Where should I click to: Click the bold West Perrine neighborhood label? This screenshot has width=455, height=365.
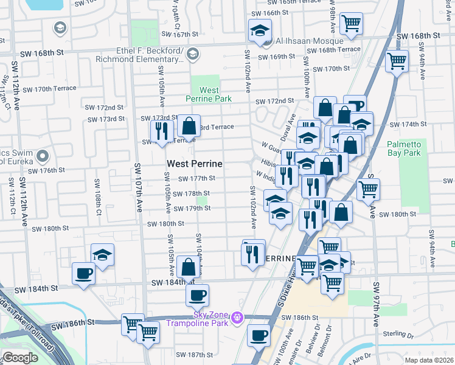pyautogui.click(x=195, y=164)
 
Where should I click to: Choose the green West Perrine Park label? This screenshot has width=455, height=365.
pyautogui.click(x=209, y=94)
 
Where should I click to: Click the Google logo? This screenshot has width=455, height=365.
pyautogui.click(x=19, y=358)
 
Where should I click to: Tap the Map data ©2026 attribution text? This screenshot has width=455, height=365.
pyautogui.click(x=429, y=360)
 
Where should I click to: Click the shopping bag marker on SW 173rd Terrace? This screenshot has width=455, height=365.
pyautogui.click(x=189, y=127)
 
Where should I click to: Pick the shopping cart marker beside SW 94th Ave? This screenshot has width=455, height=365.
pyautogui.click(x=397, y=61)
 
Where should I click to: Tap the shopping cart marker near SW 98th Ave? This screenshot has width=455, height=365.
pyautogui.click(x=351, y=24)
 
